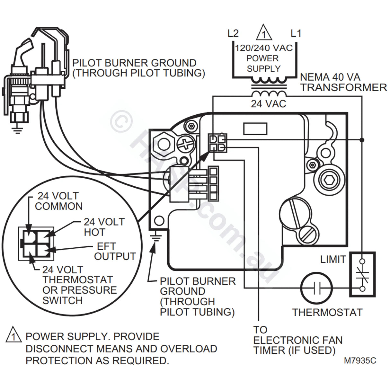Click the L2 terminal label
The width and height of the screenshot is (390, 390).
point(233,33)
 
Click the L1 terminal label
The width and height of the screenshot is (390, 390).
point(296,33)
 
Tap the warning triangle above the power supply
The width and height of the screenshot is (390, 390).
point(263,32)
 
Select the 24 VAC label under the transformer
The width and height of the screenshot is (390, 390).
point(268,104)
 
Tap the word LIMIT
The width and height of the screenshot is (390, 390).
point(333,259)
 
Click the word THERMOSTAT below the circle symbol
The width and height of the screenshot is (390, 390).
point(327,312)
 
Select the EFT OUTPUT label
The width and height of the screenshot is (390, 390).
point(115,251)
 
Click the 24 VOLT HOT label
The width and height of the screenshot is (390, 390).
point(104,227)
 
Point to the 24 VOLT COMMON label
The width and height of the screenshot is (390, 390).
point(58,201)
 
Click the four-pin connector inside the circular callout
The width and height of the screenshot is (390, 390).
point(36,244)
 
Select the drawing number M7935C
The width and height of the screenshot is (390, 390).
point(360,360)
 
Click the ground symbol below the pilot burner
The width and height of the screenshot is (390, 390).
point(16,129)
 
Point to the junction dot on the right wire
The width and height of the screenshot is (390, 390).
point(362,140)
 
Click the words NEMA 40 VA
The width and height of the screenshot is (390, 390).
point(330,77)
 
